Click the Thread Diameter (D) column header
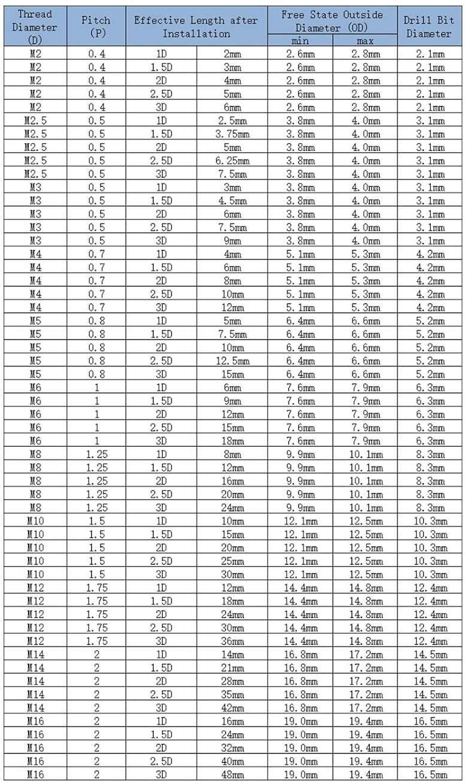(x=34, y=27)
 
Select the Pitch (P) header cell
(x=96, y=26)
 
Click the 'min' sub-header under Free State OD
(x=300, y=41)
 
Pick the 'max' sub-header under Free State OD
(x=365, y=41)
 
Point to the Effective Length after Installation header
(x=196, y=26)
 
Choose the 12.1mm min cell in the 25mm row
(x=300, y=561)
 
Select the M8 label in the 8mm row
(x=35, y=455)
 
